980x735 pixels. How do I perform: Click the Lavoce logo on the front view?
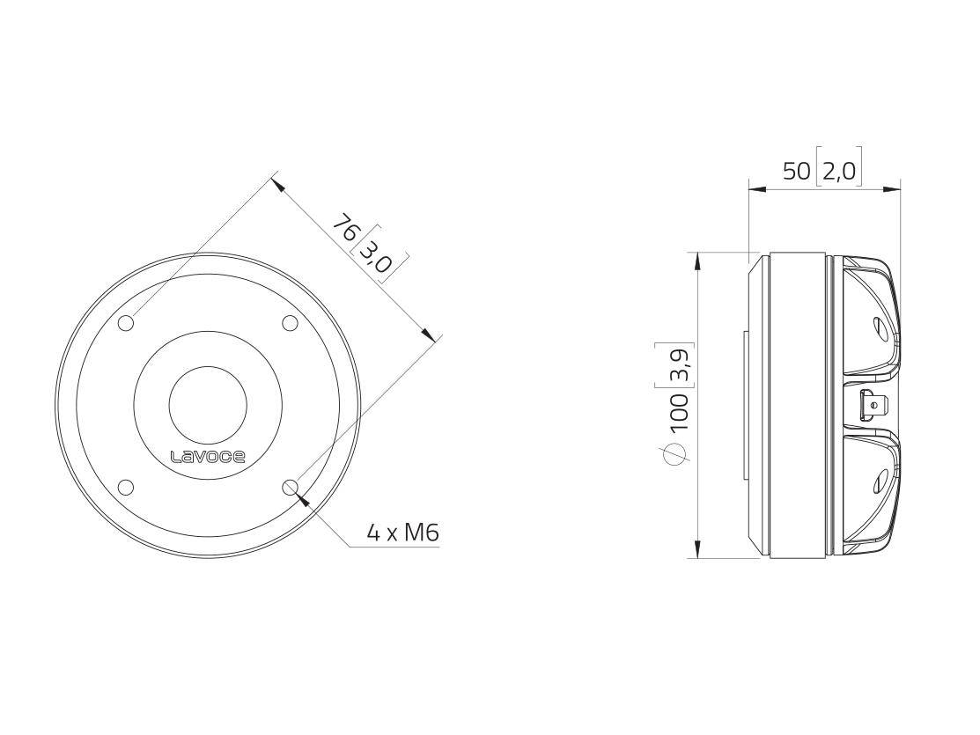pyautogui.click(x=207, y=456)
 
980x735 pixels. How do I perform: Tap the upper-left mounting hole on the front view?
pyautogui.click(x=126, y=323)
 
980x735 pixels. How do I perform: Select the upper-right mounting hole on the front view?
pyautogui.click(x=290, y=323)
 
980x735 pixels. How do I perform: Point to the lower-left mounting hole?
pyautogui.click(x=126, y=487)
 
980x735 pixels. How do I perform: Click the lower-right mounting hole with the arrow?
pyautogui.click(x=290, y=487)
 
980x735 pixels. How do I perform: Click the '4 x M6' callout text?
pyautogui.click(x=402, y=533)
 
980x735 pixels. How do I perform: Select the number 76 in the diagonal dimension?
pyautogui.click(x=345, y=231)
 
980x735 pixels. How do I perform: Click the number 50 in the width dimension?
pyautogui.click(x=796, y=171)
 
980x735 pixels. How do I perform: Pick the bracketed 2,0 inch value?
pyautogui.click(x=839, y=171)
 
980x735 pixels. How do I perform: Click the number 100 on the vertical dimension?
pyautogui.click(x=679, y=412)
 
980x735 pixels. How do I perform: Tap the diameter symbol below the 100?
pyautogui.click(x=676, y=452)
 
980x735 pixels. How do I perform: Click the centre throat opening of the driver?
pyautogui.click(x=208, y=406)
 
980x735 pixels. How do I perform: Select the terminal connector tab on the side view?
pyautogui.click(x=874, y=406)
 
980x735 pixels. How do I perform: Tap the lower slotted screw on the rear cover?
pyautogui.click(x=881, y=481)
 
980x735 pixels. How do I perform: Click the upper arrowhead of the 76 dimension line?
pyautogui.click(x=277, y=184)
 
